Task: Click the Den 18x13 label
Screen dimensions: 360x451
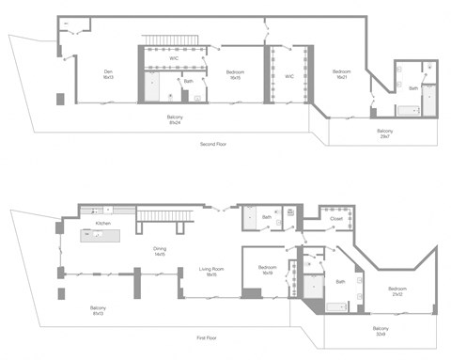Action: click(x=109, y=74)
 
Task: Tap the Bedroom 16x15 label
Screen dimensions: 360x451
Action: click(x=234, y=74)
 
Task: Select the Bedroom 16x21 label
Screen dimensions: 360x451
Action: click(x=340, y=74)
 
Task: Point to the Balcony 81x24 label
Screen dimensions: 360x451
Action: click(x=176, y=119)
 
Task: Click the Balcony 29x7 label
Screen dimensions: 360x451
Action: click(x=384, y=133)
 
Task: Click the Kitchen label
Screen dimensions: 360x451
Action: click(x=103, y=224)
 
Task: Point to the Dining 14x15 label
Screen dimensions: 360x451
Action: click(x=160, y=251)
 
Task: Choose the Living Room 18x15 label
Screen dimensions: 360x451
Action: click(x=211, y=272)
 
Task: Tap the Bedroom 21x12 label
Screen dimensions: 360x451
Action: click(x=397, y=291)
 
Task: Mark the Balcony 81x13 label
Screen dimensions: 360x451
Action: click(x=99, y=310)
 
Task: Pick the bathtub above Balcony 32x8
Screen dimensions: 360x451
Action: click(x=335, y=305)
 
